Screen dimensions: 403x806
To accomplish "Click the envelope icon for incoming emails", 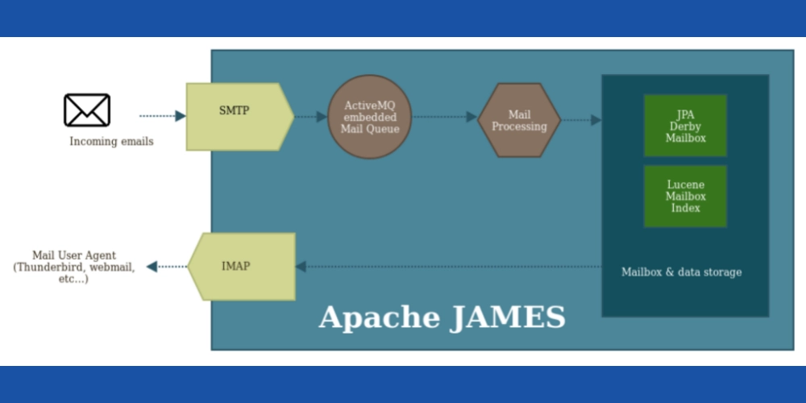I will (87, 110).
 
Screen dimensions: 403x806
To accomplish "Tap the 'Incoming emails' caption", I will (111, 142).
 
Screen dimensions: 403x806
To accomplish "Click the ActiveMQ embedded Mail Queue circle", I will (370, 117).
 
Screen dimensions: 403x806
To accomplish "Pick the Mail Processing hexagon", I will (519, 120).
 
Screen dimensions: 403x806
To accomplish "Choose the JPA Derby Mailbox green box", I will (685, 126).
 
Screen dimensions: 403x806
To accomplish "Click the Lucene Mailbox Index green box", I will (685, 196).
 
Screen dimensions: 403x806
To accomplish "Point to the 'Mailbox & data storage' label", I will (681, 272).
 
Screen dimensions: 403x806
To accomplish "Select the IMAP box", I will (240, 266).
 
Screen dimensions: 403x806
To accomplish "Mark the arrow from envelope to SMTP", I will (162, 116).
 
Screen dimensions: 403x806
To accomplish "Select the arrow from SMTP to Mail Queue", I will (310, 117).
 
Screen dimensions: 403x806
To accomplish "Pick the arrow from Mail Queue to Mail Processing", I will (444, 117).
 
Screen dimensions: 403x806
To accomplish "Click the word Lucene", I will (685, 185).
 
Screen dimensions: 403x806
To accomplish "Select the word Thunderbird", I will (48, 267).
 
